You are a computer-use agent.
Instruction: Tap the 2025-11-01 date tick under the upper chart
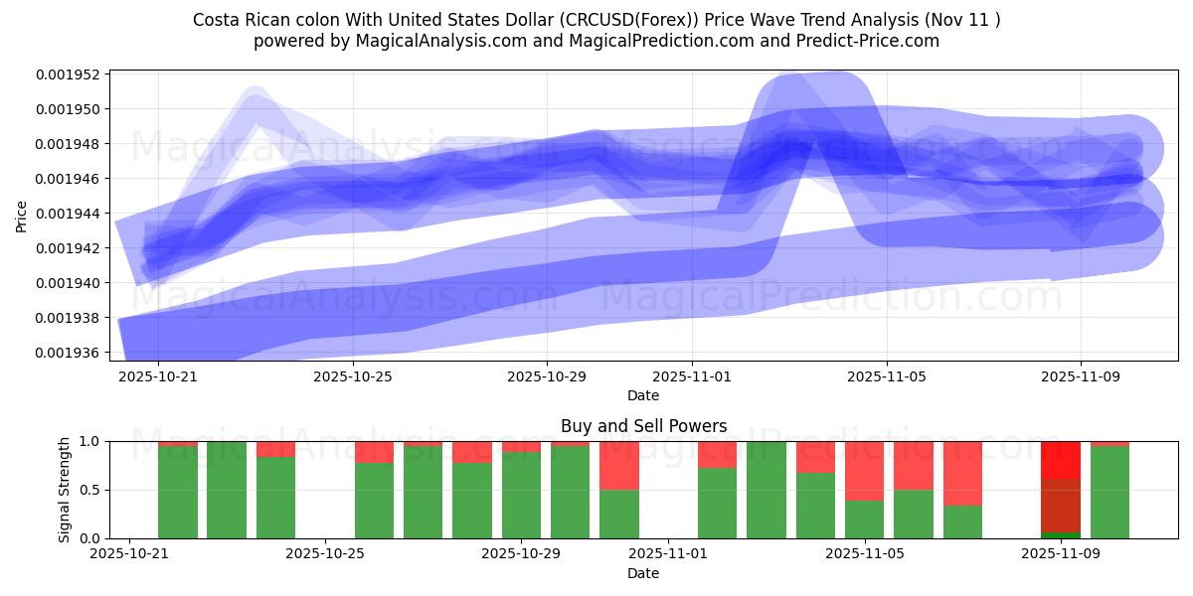[692, 377]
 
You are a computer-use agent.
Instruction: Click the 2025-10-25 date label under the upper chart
[352, 377]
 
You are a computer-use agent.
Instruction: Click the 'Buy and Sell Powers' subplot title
[643, 426]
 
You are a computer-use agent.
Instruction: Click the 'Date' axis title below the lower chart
[643, 573]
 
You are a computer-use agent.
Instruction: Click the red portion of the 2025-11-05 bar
[864, 470]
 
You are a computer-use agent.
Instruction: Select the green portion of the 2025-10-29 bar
[521, 495]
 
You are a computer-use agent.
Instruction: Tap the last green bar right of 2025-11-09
[1109, 492]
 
